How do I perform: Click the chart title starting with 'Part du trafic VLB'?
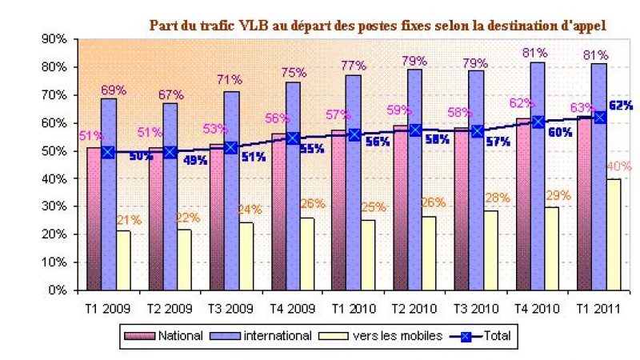pos(378,25)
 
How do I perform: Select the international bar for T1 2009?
pos(108,192)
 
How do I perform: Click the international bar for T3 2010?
pos(476,180)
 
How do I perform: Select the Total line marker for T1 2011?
pos(599,117)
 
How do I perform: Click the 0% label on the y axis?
pos(56,290)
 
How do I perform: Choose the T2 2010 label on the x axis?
pos(414,307)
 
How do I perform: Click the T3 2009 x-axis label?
pos(230,307)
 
